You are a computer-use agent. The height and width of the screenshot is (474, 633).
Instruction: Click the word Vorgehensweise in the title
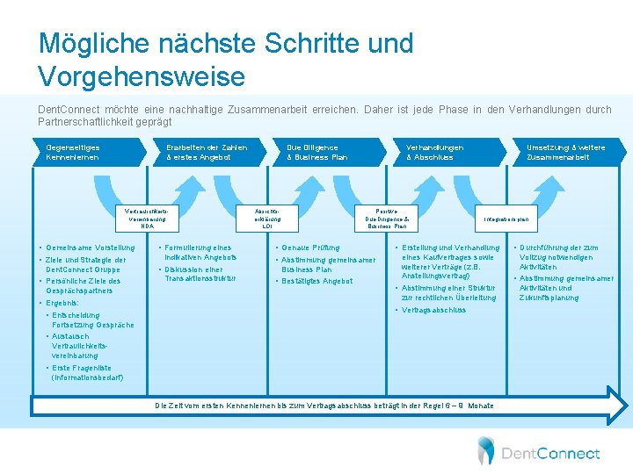click(142, 76)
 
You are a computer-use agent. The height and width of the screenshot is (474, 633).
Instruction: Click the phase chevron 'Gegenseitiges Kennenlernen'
click(74, 152)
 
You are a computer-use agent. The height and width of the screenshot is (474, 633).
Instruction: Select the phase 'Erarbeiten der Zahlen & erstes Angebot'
click(207, 152)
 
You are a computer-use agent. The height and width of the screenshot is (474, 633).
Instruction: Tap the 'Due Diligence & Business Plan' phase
click(317, 152)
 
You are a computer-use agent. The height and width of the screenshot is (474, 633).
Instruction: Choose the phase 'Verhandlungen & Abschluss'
click(434, 152)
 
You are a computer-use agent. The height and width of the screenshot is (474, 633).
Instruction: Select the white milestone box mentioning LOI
click(267, 219)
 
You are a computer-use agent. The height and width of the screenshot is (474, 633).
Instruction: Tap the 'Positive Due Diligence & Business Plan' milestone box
click(386, 219)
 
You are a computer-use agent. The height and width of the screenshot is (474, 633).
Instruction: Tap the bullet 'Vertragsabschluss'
click(433, 310)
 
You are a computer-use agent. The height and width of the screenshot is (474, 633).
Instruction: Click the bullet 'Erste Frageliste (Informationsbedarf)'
click(87, 372)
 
